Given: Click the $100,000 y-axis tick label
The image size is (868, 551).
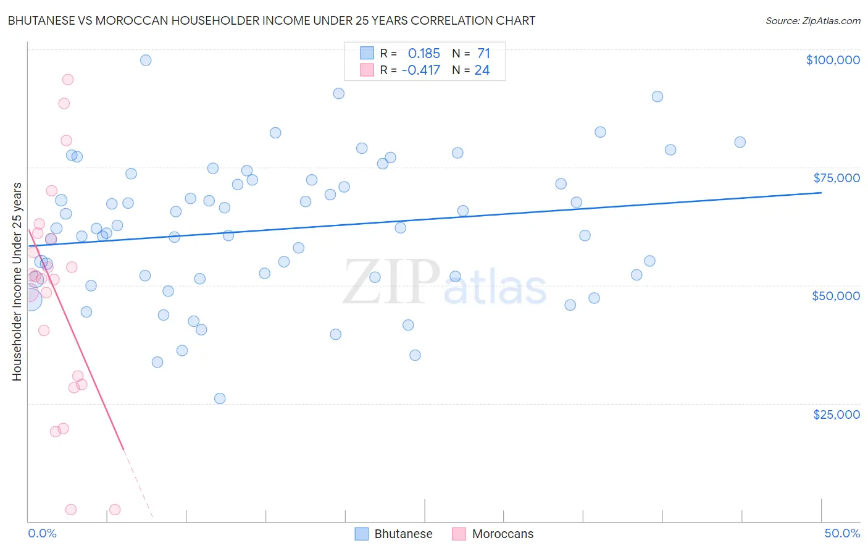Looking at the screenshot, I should pos(833,60).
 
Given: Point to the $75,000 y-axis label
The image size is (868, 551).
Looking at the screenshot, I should pos(837,178).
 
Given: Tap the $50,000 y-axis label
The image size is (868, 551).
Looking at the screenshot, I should pos(836,296).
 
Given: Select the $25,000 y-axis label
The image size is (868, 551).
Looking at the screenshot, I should pos(837,414).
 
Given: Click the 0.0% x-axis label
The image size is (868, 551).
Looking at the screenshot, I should pos(42,534).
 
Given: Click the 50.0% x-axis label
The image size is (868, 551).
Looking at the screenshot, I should pos(842,534).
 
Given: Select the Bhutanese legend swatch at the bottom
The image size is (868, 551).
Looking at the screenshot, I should pos(362,534).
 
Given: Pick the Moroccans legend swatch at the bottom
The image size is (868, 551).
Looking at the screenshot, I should pos(459,534).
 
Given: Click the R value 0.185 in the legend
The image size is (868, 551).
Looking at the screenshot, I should pos(424,53).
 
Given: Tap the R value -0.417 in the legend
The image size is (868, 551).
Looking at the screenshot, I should pos(420,70).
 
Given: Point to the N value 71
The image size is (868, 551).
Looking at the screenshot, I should pos(483,53).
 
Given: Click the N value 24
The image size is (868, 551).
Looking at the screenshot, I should pos(482,70).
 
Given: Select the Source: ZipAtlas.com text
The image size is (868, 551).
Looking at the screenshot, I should pos(813,20).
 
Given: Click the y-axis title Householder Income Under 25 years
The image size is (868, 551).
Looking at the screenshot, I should pos(17,281).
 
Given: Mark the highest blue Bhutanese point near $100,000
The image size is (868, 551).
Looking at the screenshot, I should pos(146,60).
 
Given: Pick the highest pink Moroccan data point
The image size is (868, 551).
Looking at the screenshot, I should pos(68,80).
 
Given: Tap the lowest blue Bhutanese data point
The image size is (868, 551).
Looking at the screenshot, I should pos(220,398).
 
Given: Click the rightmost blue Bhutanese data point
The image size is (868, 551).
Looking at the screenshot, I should pos(740,142).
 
